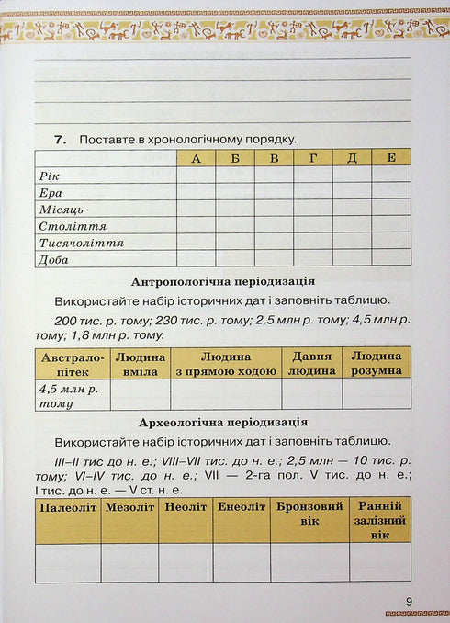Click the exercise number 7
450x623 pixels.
point(61,140)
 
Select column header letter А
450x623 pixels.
point(196,158)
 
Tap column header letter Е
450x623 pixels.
point(390,158)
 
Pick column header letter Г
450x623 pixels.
point(313,158)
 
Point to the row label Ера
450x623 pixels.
point(51,192)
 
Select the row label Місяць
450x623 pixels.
point(61,209)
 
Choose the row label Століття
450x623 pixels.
point(72,225)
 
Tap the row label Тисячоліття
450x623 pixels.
point(81,243)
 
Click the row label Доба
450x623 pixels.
point(53,259)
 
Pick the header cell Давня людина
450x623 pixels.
point(311,363)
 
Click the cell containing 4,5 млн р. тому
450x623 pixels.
point(73,394)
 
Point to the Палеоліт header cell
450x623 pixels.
point(68,506)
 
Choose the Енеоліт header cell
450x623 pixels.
point(242,506)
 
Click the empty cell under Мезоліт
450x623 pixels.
point(129,561)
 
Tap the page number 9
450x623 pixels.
point(409,602)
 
